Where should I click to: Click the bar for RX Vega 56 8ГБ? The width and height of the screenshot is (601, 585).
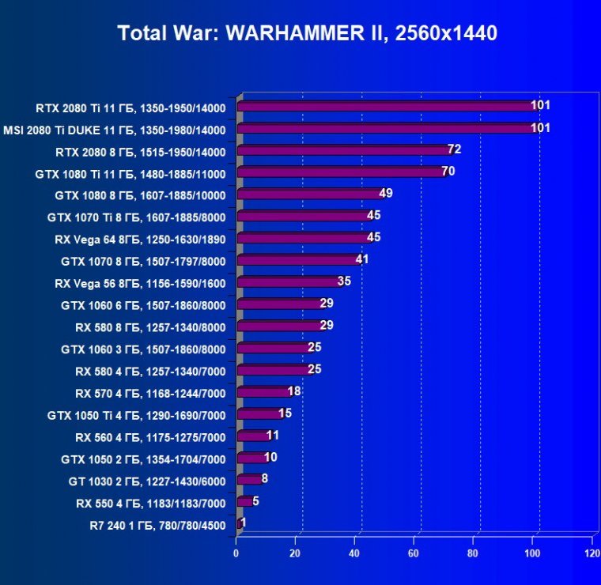click(287, 282)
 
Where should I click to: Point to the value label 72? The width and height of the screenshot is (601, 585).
click(454, 149)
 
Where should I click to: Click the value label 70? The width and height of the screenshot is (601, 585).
click(448, 171)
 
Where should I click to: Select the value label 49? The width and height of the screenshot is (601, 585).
click(386, 193)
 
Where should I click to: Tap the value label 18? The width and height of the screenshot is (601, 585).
click(294, 391)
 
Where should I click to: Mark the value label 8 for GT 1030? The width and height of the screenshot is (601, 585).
click(265, 478)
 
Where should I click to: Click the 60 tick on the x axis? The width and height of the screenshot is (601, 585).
click(414, 553)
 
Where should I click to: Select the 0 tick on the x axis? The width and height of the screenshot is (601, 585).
click(236, 553)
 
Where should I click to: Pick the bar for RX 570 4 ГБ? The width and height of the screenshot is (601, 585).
click(263, 392)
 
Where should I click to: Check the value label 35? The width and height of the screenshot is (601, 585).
click(344, 281)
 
